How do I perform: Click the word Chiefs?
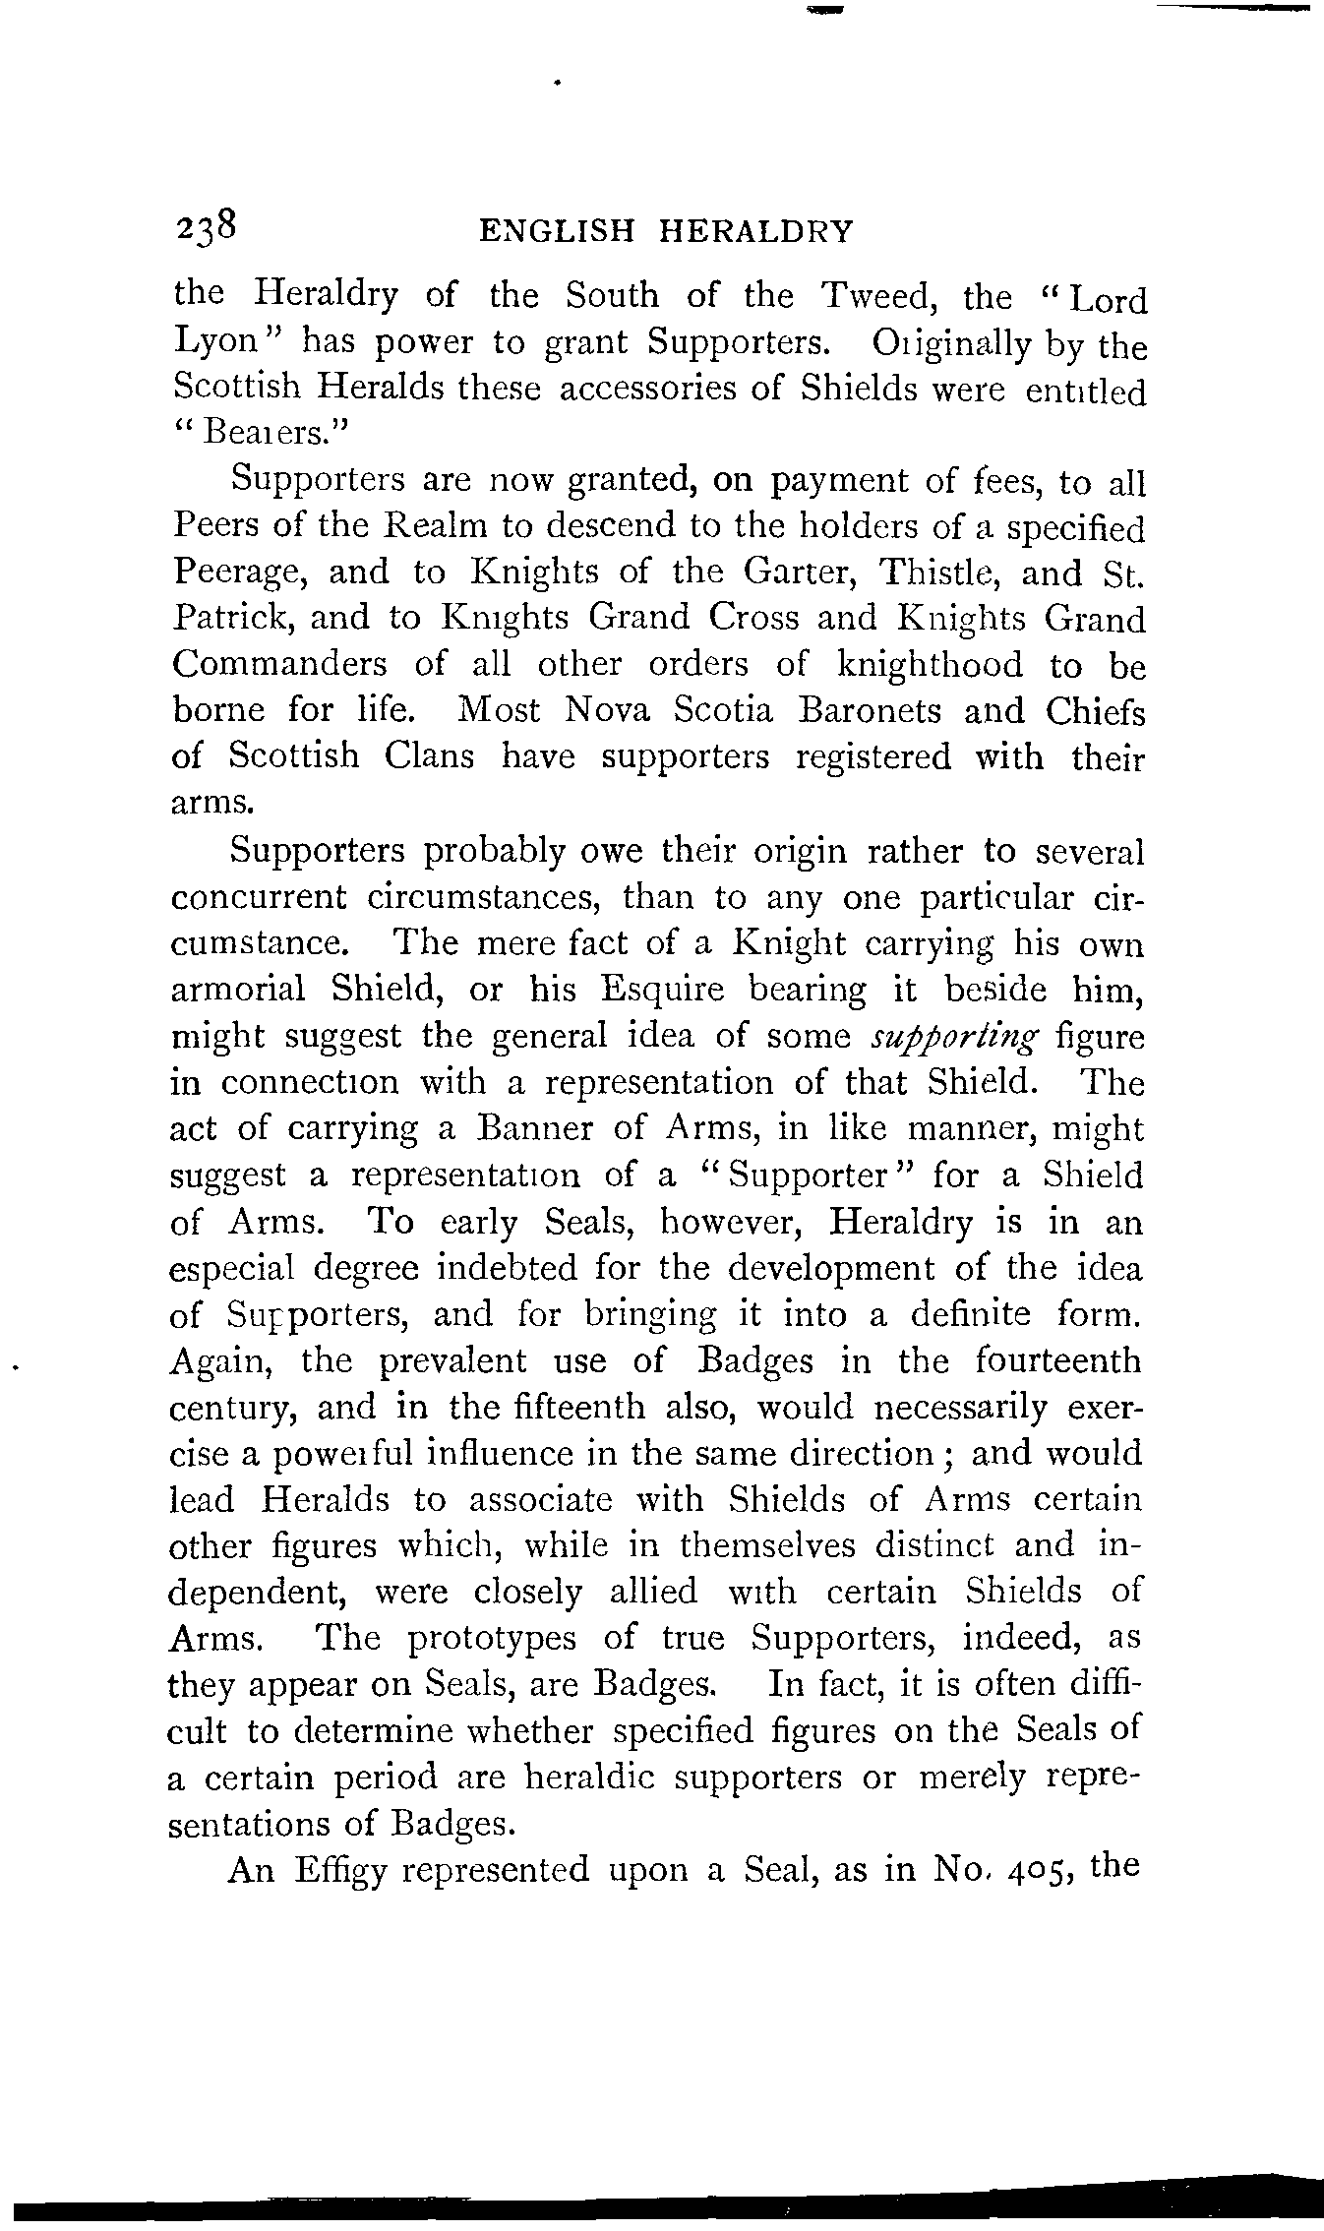[1096, 711]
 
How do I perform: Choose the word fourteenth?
[1058, 1361]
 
